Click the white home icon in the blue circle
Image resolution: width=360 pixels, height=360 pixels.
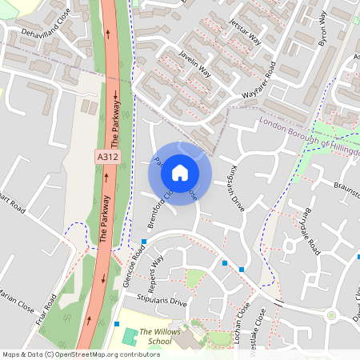click(180, 171)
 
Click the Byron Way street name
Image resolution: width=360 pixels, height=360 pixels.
click(327, 29)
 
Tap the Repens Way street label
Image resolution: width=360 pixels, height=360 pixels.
click(154, 271)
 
